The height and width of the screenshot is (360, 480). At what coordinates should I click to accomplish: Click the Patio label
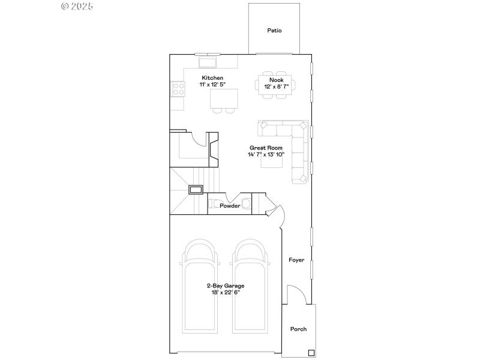tap(274, 30)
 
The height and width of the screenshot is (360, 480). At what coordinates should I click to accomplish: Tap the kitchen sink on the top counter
tap(208, 62)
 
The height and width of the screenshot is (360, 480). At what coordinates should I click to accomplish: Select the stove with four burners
tap(178, 89)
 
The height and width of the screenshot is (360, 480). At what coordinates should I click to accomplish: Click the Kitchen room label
tap(212, 78)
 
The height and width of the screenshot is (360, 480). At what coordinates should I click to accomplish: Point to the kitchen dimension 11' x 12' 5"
tap(212, 85)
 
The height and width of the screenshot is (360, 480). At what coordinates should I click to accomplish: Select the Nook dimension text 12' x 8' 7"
tap(276, 87)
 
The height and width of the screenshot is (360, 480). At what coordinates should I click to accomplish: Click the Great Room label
tap(266, 148)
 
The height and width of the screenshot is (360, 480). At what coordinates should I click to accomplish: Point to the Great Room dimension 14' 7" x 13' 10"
tap(266, 155)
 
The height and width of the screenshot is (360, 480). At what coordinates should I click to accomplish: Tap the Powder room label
tap(230, 206)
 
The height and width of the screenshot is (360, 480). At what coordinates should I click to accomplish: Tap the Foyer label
tap(296, 260)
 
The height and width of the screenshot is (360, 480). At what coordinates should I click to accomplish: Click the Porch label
tap(298, 329)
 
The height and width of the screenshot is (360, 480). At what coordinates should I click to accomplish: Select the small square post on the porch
tap(311, 352)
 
